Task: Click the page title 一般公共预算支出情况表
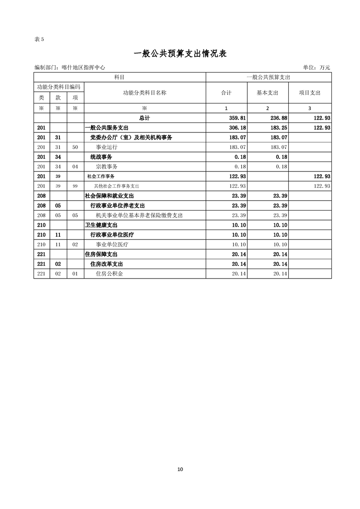pos(180,54)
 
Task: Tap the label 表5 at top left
pos(39,39)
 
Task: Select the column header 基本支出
pos(267,93)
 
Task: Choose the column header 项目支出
pos(310,93)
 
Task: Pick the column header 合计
pos(226,93)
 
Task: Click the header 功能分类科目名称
pos(144,93)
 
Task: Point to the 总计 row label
pos(144,118)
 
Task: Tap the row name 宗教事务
pos(107,166)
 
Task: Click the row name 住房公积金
pos(107,274)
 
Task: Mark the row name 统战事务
pos(101,157)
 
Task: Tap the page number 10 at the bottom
pos(180,469)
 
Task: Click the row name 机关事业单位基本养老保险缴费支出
pos(139,215)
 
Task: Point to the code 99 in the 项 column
pos(75,186)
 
